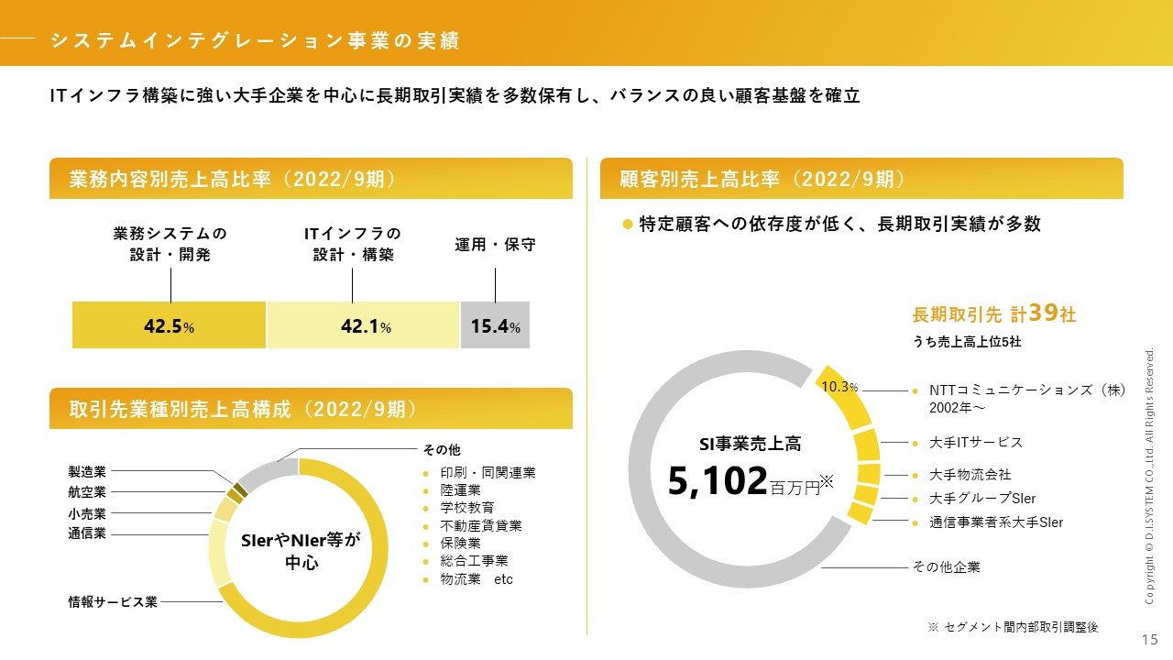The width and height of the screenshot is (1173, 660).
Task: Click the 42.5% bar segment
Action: (x=169, y=325)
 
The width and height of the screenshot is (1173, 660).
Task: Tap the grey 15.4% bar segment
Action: (x=495, y=325)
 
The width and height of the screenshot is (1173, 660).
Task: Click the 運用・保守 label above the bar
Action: (x=495, y=245)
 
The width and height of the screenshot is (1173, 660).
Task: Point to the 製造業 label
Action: (x=87, y=472)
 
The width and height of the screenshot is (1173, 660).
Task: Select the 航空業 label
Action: (x=87, y=492)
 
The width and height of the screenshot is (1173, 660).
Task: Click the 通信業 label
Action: (x=87, y=533)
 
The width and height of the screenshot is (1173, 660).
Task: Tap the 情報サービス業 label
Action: (x=113, y=602)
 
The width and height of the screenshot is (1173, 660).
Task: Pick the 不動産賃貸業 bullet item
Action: (x=480, y=525)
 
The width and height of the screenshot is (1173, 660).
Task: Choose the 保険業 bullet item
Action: (x=461, y=543)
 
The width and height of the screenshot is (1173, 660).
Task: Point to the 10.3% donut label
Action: (x=839, y=387)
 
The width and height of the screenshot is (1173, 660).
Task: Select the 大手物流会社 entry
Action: (x=970, y=475)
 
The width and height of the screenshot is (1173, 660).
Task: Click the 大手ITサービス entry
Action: (x=975, y=442)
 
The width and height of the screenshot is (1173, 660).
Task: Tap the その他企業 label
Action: (x=946, y=567)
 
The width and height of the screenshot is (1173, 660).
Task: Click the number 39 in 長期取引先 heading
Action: (x=1043, y=313)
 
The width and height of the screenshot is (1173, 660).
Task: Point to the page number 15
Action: (x=1149, y=639)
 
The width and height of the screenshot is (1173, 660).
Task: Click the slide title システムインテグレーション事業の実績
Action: (x=255, y=40)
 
